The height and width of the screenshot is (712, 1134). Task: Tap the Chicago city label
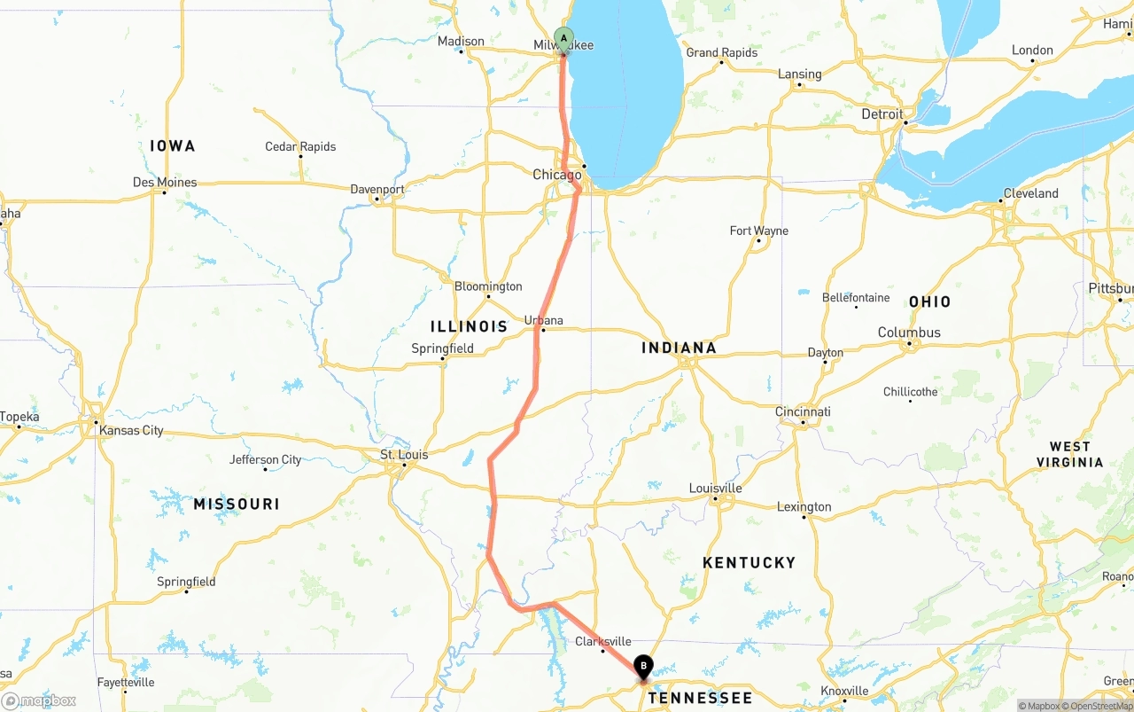pos(556,175)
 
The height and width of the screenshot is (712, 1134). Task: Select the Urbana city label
pos(543,320)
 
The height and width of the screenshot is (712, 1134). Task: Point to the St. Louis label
pos(404,455)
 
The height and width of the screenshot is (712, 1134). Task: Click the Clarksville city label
pos(603,641)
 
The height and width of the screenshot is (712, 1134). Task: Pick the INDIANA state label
pos(679,348)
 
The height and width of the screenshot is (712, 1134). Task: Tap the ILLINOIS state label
pos(469,326)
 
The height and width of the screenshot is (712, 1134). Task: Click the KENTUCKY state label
pos(749,562)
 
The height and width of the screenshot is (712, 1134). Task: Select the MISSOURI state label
pos(237,504)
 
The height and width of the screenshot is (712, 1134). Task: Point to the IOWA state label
pos(172,145)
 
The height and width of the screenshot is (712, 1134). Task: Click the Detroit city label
pos(882,113)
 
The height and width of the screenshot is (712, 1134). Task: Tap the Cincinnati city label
pos(803,411)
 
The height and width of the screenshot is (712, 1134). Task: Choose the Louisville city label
pos(715,489)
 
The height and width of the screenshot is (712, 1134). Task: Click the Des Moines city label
pos(165,182)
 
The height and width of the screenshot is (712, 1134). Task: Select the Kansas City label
pos(131,430)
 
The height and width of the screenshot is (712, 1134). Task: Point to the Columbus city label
pos(909,333)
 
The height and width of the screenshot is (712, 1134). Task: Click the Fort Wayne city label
pos(758,231)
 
